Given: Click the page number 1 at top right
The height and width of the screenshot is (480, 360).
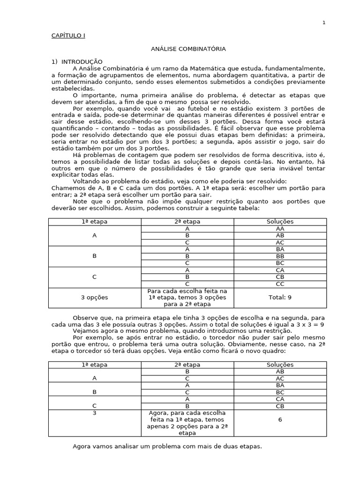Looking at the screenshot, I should pos(323,22).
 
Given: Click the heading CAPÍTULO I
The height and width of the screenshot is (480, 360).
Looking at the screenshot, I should pos(68,36).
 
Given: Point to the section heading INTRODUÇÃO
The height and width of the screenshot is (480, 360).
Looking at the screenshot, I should pos(82,61).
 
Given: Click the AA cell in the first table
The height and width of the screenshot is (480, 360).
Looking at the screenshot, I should pos(280,228).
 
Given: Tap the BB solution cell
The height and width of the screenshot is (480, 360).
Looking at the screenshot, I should pos(280,256).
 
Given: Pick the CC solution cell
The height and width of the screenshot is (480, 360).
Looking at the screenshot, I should pos(280,284).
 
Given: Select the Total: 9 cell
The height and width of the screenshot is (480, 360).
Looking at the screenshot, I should pos(280,298).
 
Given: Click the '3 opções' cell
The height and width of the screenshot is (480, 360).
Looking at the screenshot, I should pos(94,298).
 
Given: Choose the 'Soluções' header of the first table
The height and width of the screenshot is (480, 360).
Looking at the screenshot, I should pos(280,221).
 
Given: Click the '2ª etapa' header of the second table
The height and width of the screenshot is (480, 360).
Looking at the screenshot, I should pos(187,365).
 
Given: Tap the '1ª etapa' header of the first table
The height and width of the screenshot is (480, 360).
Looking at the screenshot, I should pos(94,221).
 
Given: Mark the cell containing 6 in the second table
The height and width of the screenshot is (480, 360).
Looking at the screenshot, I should pos(280,420).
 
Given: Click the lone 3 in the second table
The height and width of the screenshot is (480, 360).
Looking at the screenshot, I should pos(94,413).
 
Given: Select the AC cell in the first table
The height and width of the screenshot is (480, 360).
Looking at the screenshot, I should pos(280,242).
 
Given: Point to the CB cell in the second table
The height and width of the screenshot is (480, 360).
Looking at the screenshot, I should pos(280,406).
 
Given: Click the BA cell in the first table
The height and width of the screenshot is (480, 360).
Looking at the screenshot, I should pos(280,249).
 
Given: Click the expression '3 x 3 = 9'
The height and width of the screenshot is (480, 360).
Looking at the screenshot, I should pos(308,324).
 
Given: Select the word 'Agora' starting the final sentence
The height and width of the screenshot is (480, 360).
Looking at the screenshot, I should pos(82,446).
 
